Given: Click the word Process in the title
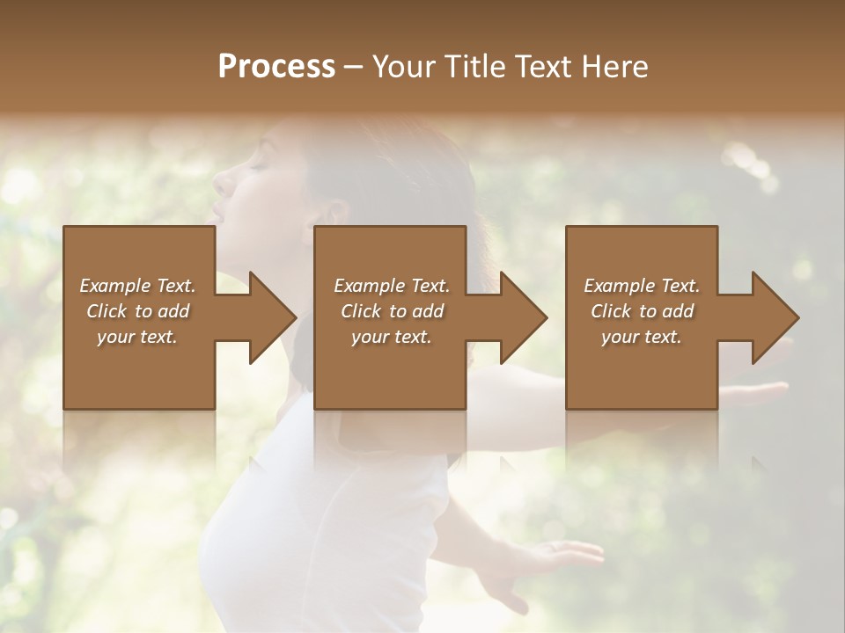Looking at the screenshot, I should click(276, 67).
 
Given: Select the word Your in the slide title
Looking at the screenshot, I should click(400, 67).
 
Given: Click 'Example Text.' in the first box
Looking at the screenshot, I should click(137, 286).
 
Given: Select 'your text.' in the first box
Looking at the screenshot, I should click(137, 337).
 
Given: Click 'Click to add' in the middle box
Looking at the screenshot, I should click(392, 311).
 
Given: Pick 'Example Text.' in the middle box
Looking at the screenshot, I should click(392, 286).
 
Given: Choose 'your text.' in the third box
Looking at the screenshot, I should click(642, 337).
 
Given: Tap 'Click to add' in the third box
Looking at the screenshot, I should click(642, 311).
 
